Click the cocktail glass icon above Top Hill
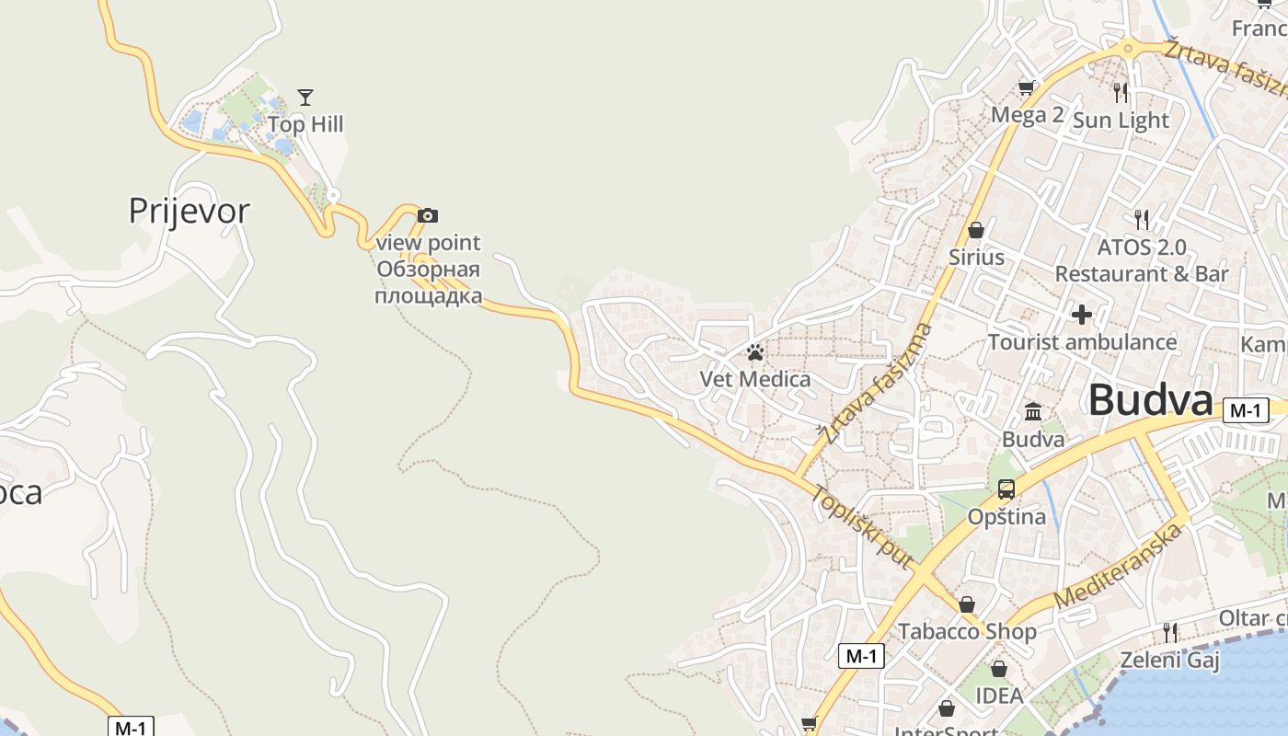(305, 97)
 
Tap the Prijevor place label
(189, 211)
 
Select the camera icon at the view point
(428, 215)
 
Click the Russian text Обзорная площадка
(429, 282)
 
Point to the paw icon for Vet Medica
(755, 352)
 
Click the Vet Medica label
(755, 379)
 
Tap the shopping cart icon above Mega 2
(1027, 88)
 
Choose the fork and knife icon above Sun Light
(1121, 93)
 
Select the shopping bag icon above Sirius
(976, 230)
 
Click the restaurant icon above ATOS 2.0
(1142, 220)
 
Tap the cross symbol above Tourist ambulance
(1082, 315)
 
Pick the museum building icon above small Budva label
(1033, 411)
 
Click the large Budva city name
(1150, 401)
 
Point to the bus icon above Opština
(1006, 489)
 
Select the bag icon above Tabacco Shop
(967, 604)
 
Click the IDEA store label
(999, 696)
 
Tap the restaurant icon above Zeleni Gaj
(1169, 632)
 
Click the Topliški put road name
(861, 525)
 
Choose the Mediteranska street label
(1118, 567)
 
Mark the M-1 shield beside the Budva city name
(1246, 411)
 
